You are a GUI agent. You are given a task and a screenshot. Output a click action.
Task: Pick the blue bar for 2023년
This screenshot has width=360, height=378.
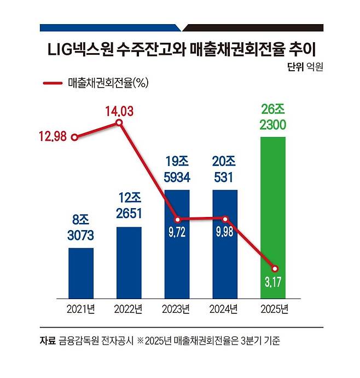point(177,244)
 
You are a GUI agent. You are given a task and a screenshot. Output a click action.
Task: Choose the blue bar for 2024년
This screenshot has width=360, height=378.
point(225,244)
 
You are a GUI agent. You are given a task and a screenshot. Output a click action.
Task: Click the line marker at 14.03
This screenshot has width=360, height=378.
point(119,124)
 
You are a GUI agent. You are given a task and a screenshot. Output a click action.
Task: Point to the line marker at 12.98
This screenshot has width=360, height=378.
point(75,137)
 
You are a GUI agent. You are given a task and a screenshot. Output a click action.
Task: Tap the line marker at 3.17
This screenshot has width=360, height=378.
point(275,268)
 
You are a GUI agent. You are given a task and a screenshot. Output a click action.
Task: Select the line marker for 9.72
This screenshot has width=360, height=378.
point(177,219)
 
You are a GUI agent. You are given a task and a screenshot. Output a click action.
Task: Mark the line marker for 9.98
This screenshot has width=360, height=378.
point(225,219)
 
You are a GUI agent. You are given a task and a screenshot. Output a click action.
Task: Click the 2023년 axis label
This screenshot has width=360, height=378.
point(177,309)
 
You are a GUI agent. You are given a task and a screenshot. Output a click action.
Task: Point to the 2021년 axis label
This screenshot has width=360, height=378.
point(80,309)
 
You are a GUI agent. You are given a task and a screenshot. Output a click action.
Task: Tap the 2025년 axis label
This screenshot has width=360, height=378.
point(273,309)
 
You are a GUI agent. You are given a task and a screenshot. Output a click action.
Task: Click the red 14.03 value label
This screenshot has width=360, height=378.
point(119,112)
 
